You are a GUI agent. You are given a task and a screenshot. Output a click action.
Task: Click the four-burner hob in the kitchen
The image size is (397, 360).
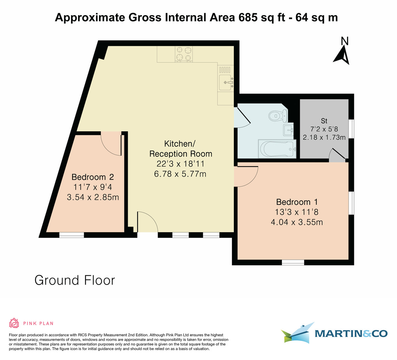point(184,54)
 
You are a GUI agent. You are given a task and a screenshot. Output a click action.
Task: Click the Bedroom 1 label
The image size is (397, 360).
point(293,202)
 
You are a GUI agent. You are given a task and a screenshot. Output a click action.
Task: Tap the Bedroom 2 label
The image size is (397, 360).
point(93,177)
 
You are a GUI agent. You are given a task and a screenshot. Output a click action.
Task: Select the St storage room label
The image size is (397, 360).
point(324,121)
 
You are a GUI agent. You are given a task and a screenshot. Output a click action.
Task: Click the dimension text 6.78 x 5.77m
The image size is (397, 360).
point(180,173)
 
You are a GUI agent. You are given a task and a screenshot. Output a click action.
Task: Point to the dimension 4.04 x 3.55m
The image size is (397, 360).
point(297,222)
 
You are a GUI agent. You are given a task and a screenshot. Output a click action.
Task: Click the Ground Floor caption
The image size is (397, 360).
point(75,280)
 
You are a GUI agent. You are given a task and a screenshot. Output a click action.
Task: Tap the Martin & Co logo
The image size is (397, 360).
point(334,333)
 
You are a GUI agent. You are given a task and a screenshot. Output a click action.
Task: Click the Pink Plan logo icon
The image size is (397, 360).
point(14,323)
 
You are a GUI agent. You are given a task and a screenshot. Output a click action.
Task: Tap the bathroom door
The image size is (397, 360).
point(243,117)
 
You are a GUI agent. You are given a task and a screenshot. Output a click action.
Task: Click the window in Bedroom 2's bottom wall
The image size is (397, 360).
point(71,235)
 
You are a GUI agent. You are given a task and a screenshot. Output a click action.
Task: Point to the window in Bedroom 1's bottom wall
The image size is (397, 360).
point(293,262)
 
